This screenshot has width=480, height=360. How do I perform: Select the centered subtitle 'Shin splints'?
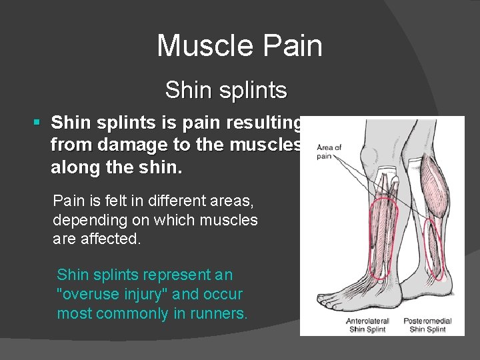[x=226, y=90]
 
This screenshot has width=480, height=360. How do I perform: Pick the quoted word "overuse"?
[x=89, y=293]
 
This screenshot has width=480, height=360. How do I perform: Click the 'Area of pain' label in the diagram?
[x=329, y=151]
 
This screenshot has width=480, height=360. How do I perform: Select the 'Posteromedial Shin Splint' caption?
[x=427, y=325]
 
